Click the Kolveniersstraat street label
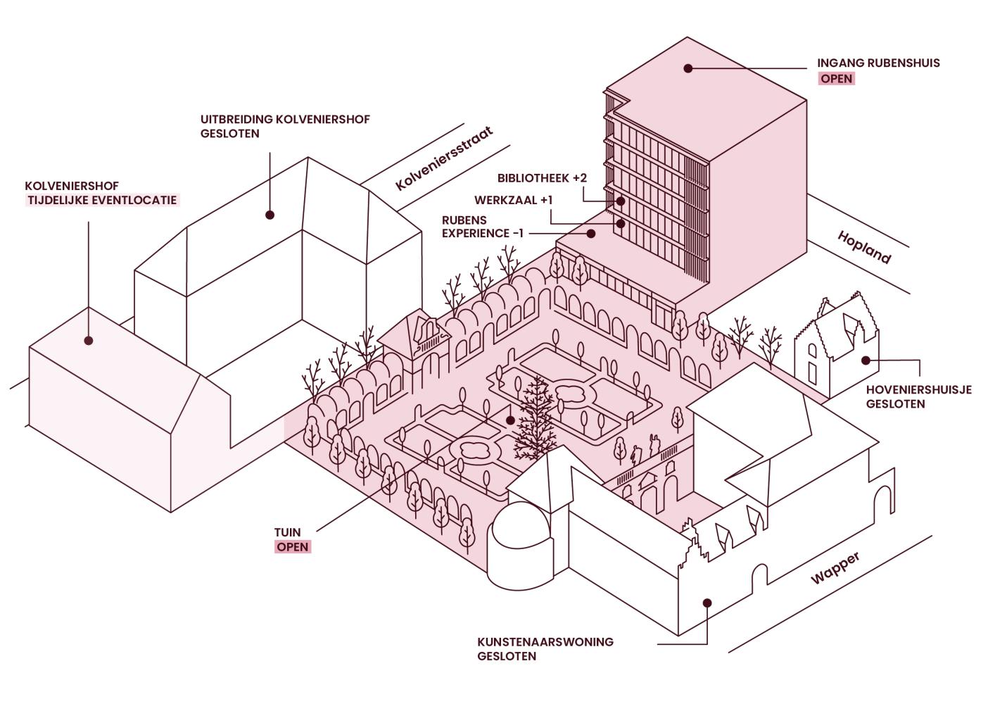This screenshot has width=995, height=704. pos(443,158)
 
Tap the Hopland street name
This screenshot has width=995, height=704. pos(864,247)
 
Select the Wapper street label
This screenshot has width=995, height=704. pos(835,568)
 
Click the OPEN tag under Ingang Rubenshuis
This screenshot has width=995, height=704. pos(836,79)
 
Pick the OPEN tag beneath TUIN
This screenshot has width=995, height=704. pos(292,547)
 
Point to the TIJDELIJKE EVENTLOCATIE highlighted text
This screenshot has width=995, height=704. pos(102,201)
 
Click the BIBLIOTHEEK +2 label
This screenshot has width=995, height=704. pos(542,178)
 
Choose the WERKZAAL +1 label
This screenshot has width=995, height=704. pos(513,201)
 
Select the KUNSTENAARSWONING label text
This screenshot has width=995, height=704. pos(545,642)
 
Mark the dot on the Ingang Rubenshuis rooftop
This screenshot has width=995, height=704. pos(688,68)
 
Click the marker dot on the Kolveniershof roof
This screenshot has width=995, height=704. pos(89,341)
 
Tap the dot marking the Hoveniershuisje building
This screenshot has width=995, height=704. pos(866,360)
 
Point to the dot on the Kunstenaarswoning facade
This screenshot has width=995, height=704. pos(707,603)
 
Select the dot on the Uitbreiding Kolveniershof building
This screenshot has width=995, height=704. pos(270,215)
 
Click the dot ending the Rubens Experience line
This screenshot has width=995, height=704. pos(591,233)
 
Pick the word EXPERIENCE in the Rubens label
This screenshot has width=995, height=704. pos(476,234)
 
